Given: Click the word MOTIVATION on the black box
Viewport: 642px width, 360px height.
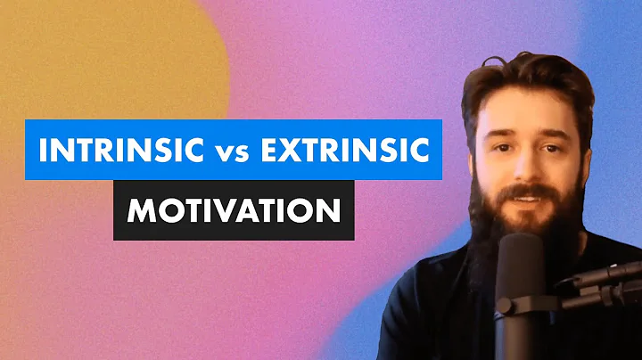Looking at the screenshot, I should click(x=233, y=212).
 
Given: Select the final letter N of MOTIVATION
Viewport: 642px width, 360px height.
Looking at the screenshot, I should click(x=329, y=212).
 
